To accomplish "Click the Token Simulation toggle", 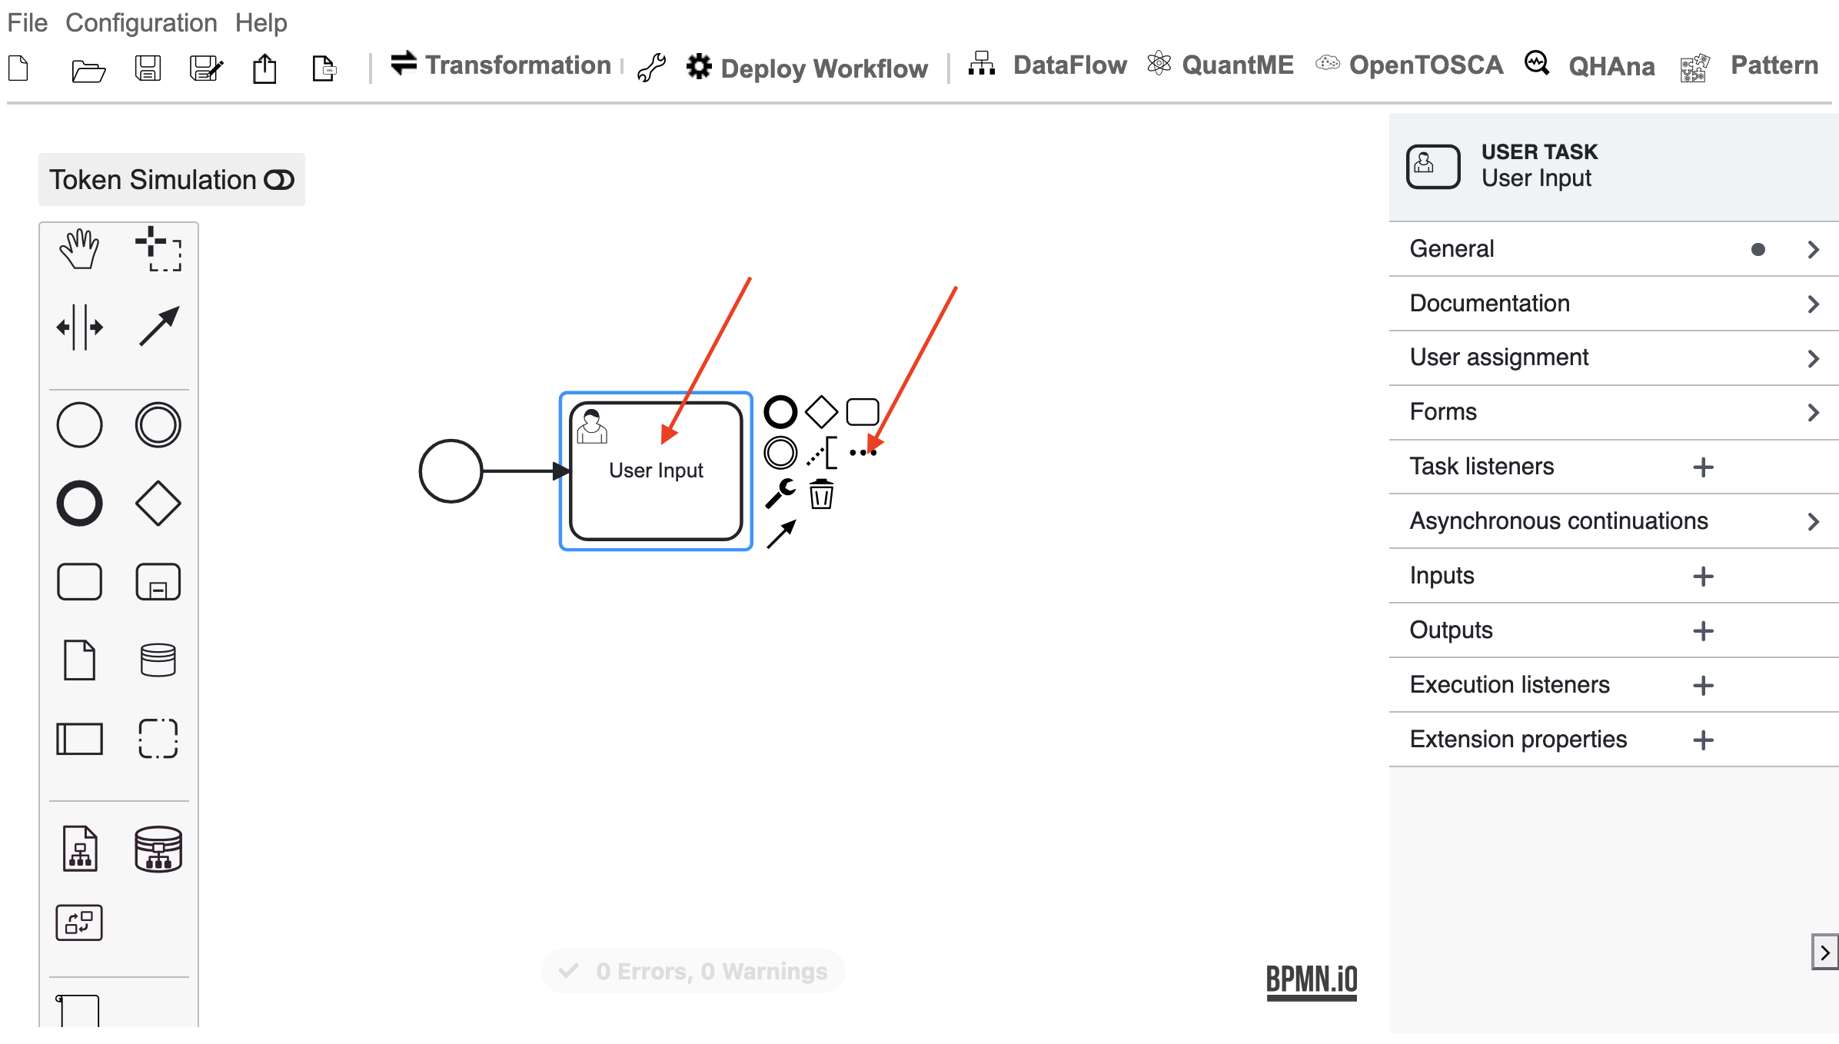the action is click(x=278, y=180).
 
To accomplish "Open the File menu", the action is click(x=28, y=23).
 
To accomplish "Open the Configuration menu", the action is click(x=141, y=23).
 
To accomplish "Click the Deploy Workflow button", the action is click(x=807, y=68).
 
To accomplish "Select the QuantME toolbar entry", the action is click(x=1221, y=65).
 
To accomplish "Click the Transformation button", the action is click(x=501, y=65).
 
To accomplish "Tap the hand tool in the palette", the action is click(x=79, y=248).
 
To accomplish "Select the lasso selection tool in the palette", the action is click(x=158, y=248).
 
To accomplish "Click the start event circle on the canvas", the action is click(x=451, y=471).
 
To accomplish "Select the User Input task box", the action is click(x=656, y=470).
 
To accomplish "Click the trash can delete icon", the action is click(x=821, y=494).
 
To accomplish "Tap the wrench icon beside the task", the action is click(x=780, y=494).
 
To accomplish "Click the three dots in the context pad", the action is click(x=863, y=453).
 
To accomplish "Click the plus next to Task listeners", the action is click(x=1704, y=467).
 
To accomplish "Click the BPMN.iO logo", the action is click(x=1312, y=982).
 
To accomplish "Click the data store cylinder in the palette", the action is click(x=158, y=660).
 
